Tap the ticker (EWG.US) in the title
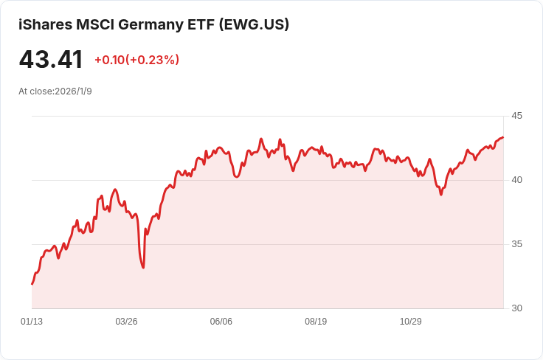254,24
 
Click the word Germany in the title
149,24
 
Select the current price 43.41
51,60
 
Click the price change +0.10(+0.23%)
136,60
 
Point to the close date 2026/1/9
73,91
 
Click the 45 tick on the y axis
516,116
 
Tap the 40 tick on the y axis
516,180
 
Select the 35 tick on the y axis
516,244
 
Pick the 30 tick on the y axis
516,308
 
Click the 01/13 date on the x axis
32,322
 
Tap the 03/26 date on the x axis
126,322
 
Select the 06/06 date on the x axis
221,322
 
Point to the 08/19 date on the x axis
316,322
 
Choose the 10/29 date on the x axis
410,322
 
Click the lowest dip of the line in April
143,267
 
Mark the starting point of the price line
32,284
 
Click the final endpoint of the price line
503,137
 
